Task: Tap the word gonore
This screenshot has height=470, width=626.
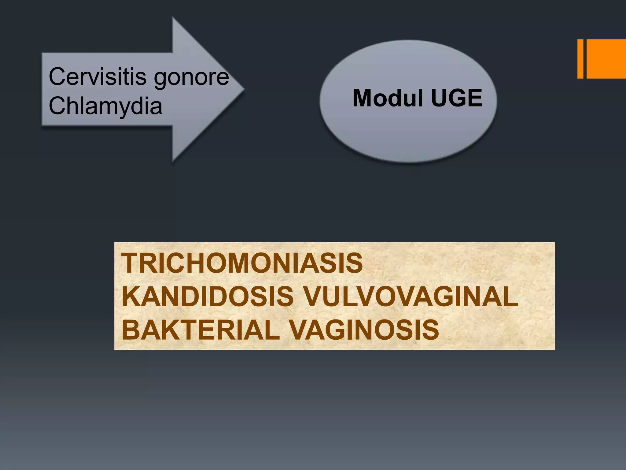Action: click(191, 78)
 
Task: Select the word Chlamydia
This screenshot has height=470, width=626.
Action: click(105, 106)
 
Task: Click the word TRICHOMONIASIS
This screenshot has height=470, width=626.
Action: click(242, 263)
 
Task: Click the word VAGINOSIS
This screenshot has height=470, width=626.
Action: click(364, 330)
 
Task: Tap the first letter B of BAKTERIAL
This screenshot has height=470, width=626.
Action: click(131, 330)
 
